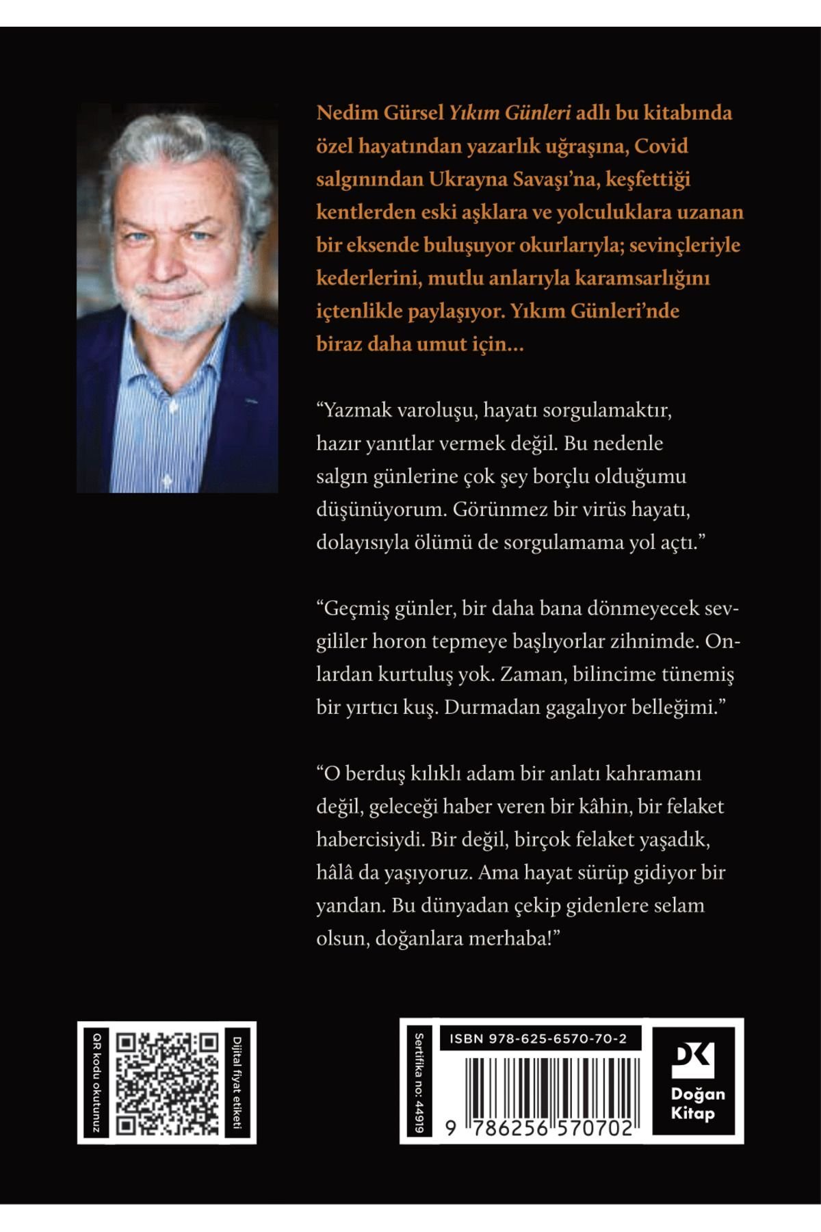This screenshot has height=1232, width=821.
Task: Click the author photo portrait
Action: point(177,298)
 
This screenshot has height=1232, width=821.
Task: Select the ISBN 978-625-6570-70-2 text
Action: point(537,1038)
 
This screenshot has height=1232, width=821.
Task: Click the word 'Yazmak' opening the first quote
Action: point(357,411)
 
